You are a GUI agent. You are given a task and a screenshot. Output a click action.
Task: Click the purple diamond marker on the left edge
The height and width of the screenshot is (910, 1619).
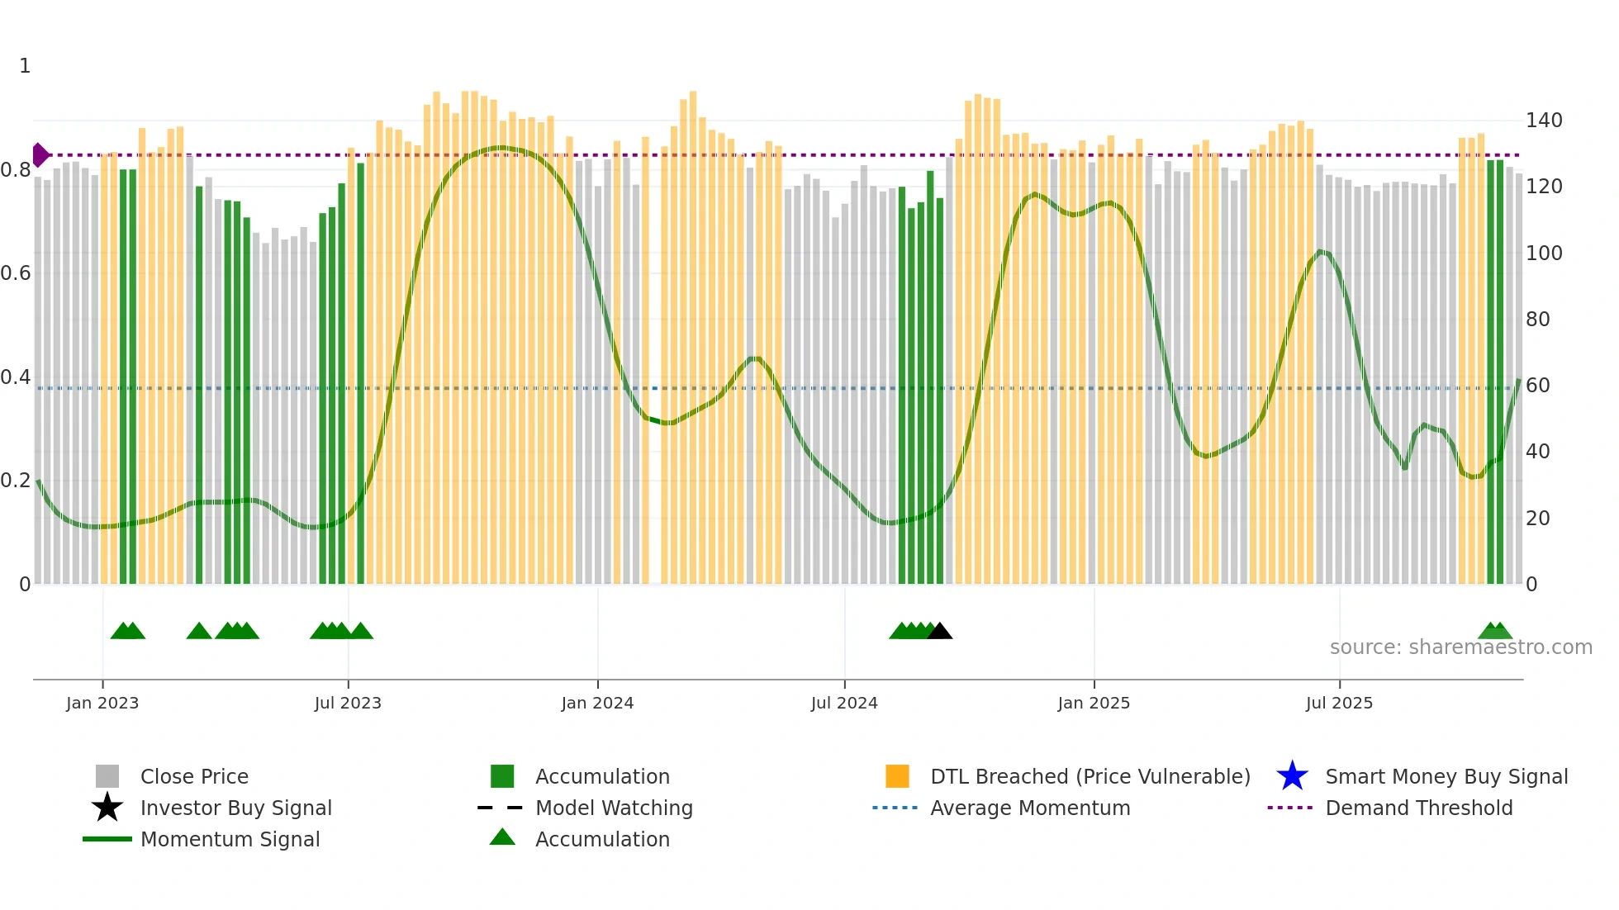click(x=40, y=155)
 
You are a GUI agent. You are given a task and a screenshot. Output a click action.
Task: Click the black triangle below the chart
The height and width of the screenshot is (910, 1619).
click(x=939, y=632)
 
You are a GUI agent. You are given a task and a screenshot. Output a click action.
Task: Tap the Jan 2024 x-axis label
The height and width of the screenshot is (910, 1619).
click(x=597, y=703)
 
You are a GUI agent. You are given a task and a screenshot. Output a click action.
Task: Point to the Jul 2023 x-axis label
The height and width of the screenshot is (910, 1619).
click(x=348, y=703)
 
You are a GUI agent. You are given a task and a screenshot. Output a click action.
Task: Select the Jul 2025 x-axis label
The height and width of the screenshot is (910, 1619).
click(x=1339, y=703)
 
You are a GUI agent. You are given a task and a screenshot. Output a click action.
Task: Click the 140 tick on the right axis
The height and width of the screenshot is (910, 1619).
click(x=1543, y=121)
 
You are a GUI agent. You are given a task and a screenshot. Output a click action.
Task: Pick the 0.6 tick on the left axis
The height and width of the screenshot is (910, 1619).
click(x=16, y=273)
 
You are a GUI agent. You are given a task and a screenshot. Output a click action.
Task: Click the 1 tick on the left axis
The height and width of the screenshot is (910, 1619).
click(x=25, y=66)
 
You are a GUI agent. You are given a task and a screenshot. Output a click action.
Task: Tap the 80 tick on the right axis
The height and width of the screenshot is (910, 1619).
click(x=1537, y=320)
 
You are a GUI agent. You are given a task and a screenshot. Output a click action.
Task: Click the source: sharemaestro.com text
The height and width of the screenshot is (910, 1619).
click(x=1460, y=647)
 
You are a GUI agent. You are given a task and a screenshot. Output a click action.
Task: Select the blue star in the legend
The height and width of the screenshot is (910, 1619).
click(x=1292, y=776)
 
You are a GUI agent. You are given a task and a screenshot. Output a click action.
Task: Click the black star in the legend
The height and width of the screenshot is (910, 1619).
click(x=107, y=808)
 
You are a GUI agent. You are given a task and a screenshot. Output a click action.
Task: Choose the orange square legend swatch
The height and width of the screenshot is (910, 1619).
click(x=897, y=776)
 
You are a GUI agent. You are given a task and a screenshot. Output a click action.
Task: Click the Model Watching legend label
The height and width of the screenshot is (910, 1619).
click(x=614, y=808)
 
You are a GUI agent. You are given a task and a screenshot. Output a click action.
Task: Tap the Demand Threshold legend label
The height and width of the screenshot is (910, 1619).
click(x=1418, y=808)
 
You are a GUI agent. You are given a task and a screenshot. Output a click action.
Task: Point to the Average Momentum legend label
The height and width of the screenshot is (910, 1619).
click(x=1030, y=808)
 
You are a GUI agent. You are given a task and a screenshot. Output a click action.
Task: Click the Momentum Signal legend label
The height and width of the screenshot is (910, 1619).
click(x=230, y=839)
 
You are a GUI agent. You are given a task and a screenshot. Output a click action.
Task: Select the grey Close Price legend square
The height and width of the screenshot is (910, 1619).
click(x=107, y=776)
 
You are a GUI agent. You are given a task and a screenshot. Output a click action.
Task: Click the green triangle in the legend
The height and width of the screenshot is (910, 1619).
click(x=502, y=837)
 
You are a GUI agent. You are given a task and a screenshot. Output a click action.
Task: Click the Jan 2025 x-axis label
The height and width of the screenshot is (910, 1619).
click(x=1094, y=703)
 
